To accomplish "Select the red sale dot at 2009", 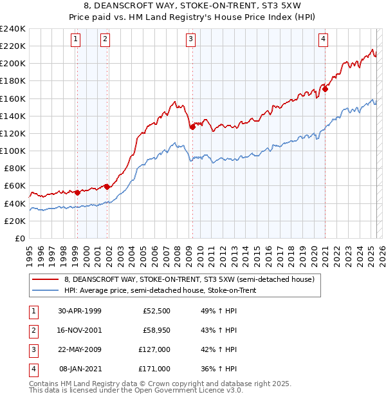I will [192, 127].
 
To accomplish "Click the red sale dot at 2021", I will [325, 89].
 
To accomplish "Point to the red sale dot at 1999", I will [77, 192].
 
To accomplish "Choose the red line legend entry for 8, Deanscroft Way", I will [188, 279].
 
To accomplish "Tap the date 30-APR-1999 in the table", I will [79, 311].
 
